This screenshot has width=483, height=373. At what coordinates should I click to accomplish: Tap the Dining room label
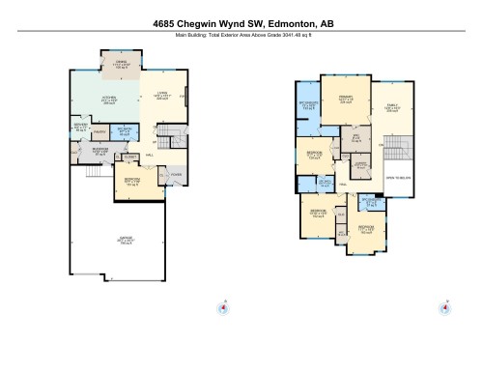tap(122, 67)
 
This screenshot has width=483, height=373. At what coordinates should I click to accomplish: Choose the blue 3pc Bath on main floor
tap(124, 132)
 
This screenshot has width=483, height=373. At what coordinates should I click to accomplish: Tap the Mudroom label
tap(99, 151)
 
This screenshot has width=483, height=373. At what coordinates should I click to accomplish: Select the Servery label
tap(80, 128)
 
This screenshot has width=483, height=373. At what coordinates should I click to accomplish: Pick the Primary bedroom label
tap(345, 99)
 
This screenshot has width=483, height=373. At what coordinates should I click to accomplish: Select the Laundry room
tap(360, 165)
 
